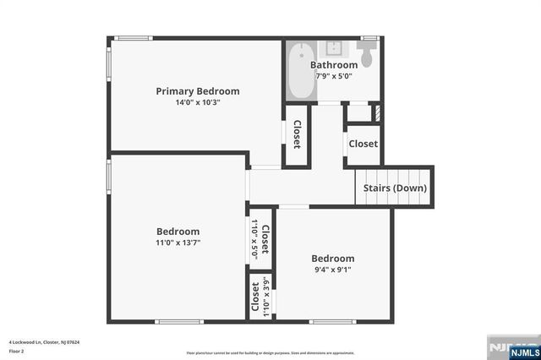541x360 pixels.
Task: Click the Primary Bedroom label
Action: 197,91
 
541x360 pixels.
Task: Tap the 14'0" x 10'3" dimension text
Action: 197,103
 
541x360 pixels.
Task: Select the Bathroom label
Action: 334,65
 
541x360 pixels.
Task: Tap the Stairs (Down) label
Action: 395,188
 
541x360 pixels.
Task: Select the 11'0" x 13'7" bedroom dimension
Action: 178,243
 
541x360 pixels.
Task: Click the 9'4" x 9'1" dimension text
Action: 332,270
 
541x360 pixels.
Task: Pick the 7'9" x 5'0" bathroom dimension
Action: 334,76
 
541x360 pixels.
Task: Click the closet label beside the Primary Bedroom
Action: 298,134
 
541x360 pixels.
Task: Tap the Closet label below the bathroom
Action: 363,144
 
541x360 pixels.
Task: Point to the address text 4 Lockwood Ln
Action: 44,342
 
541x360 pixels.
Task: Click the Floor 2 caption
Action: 16,350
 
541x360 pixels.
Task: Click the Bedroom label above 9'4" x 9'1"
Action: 332,259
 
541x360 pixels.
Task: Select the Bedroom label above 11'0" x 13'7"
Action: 178,232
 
